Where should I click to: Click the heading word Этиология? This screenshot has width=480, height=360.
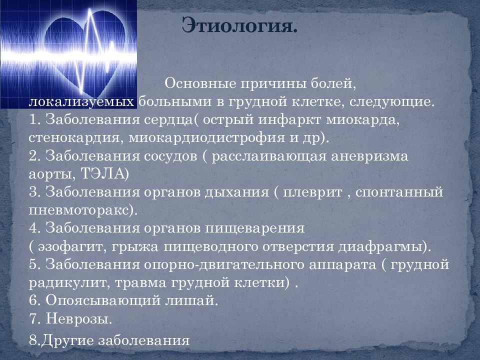click(x=239, y=25)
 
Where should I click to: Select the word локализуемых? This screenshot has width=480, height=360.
click(x=82, y=101)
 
